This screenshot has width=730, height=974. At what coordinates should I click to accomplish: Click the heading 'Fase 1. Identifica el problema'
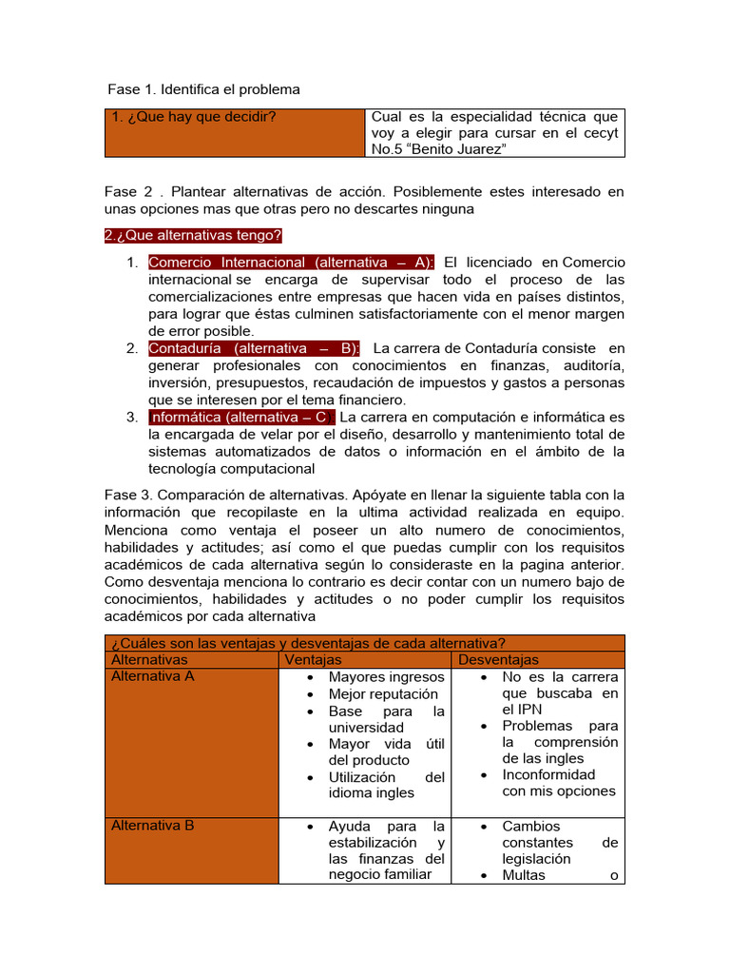pyautogui.click(x=203, y=89)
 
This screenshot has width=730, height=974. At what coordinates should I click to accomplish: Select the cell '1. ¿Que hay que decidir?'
pyautogui.click(x=186, y=118)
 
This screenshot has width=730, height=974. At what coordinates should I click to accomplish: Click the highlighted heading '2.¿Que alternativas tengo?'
pyautogui.click(x=193, y=235)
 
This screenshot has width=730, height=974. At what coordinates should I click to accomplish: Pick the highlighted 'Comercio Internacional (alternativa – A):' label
pyautogui.click(x=292, y=262)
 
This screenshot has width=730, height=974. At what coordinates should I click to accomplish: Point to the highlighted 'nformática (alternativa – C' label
pyautogui.click(x=241, y=417)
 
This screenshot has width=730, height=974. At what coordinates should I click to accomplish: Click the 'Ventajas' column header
pyautogui.click(x=313, y=659)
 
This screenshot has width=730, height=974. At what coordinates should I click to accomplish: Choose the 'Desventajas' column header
pyautogui.click(x=498, y=659)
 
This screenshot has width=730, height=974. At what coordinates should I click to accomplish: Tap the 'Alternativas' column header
pyautogui.click(x=149, y=659)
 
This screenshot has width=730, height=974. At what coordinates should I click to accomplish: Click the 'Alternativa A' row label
pyautogui.click(x=153, y=676)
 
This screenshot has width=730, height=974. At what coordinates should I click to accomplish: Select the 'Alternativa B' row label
pyautogui.click(x=153, y=826)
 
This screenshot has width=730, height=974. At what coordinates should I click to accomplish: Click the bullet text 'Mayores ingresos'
pyautogui.click(x=386, y=677)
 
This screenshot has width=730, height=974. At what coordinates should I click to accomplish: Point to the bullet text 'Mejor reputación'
pyautogui.click(x=384, y=694)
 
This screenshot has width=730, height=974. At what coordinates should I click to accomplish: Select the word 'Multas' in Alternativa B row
pyautogui.click(x=524, y=875)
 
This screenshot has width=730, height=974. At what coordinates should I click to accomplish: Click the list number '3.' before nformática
pyautogui.click(x=132, y=417)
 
